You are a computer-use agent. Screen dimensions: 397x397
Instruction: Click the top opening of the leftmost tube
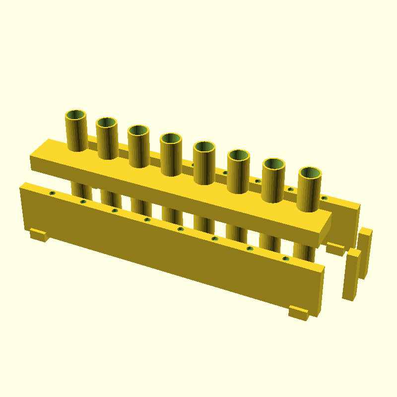[76, 116]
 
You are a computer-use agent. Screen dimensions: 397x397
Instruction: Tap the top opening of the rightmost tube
[310, 173]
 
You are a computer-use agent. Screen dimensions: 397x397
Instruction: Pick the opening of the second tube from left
[107, 123]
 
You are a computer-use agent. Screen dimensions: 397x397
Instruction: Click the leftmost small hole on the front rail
[52, 193]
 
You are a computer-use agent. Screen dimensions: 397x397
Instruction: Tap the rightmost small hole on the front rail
[285, 259]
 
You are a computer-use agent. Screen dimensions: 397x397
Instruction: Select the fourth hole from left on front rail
[147, 219]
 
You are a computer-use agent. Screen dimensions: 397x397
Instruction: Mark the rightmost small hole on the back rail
[324, 198]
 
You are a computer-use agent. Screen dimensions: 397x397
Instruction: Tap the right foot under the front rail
[298, 313]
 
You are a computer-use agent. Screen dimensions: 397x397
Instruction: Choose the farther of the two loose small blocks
[365, 253]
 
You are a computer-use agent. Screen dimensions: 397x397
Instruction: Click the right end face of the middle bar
[325, 229]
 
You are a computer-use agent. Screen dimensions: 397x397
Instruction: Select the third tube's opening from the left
[138, 131]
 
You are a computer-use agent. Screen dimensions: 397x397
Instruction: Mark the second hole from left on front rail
[83, 201]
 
